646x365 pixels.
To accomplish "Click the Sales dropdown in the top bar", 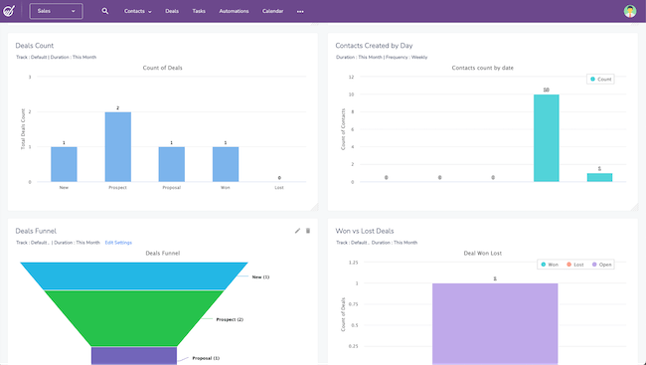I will click(56, 11).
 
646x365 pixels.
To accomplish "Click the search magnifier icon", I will click(105, 11).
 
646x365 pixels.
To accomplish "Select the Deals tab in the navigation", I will click(173, 11).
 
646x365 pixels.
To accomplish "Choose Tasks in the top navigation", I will click(199, 11).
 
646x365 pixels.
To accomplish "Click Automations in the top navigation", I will click(235, 11).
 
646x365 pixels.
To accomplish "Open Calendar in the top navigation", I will click(272, 11).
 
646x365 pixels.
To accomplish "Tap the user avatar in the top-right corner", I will click(630, 11).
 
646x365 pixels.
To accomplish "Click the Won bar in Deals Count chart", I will click(225, 164).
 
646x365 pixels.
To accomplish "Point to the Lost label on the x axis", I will click(278, 187).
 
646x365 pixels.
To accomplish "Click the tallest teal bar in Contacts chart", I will click(546, 138).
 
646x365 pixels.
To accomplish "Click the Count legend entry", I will click(602, 79).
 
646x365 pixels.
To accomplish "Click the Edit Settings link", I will click(118, 242).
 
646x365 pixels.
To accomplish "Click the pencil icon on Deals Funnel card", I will click(297, 231).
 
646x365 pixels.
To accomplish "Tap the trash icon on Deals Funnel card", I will click(308, 231).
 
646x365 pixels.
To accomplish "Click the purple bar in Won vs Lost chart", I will click(494, 323).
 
